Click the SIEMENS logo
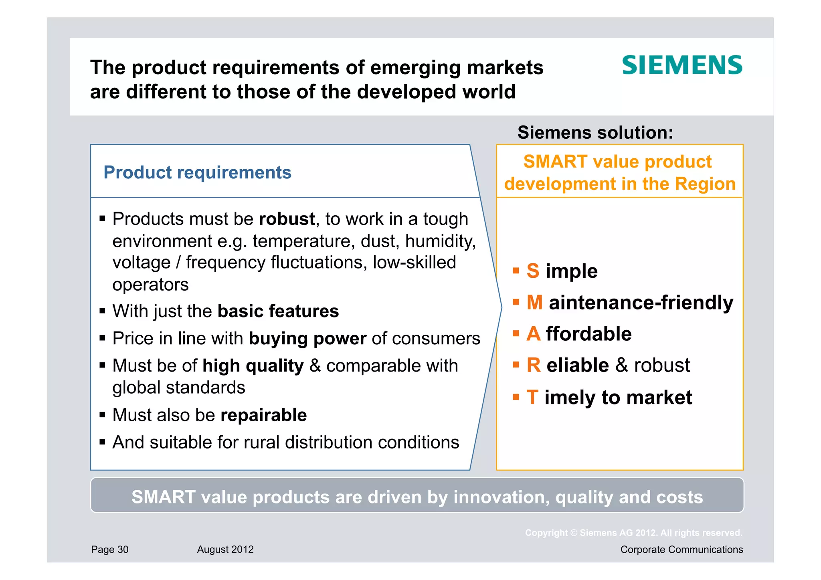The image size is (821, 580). (682, 65)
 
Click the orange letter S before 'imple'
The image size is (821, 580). (533, 271)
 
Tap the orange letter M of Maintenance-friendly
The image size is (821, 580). (535, 302)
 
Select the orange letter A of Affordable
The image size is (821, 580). (534, 334)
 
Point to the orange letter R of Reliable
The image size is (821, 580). (534, 365)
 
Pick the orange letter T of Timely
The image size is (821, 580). (532, 397)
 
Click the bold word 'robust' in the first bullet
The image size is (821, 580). (287, 219)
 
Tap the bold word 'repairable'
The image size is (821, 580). (263, 415)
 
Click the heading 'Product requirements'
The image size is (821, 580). (197, 172)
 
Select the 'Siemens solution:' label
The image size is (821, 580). (595, 132)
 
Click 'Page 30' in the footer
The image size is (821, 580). (110, 550)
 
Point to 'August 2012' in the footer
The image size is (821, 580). (225, 550)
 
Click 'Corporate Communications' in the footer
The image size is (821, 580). (681, 550)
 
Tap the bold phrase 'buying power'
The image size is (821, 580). (307, 339)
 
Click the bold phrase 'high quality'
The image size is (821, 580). (253, 366)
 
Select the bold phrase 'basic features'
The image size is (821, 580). (278, 311)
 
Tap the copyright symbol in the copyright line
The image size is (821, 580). (574, 533)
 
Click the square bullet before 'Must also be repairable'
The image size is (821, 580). (103, 415)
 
